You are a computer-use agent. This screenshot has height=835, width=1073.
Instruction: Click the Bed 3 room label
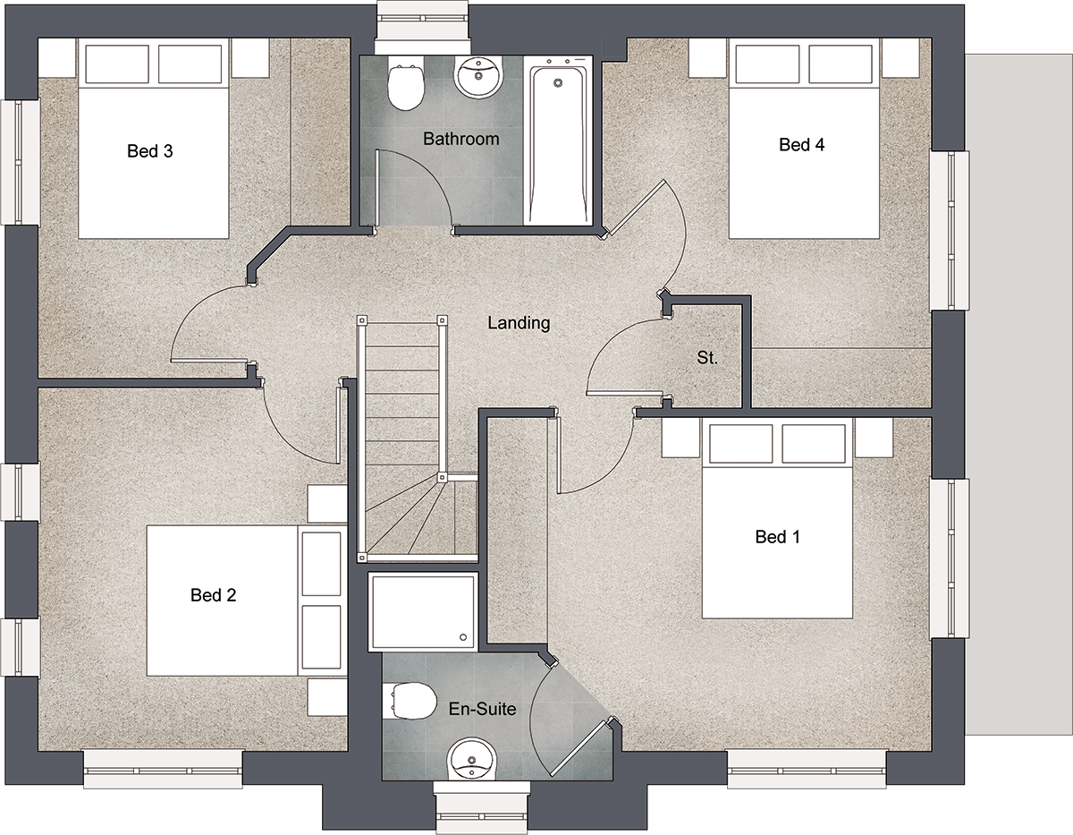pyautogui.click(x=149, y=151)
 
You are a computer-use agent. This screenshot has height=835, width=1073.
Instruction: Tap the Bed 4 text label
pyautogui.click(x=801, y=145)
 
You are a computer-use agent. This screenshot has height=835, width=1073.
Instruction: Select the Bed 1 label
pyautogui.click(x=778, y=537)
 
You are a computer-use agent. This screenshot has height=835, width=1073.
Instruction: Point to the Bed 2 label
pyautogui.click(x=214, y=595)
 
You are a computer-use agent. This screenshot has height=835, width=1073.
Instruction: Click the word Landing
pyautogui.click(x=519, y=323)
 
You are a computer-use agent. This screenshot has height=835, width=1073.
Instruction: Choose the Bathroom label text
pyautogui.click(x=461, y=139)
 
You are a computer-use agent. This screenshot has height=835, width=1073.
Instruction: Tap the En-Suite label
pyautogui.click(x=483, y=709)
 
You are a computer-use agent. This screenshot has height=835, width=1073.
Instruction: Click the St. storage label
pyautogui.click(x=706, y=357)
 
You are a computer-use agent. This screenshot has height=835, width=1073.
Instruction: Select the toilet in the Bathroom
pyautogui.click(x=406, y=83)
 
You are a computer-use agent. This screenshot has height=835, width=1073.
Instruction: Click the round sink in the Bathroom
pyautogui.click(x=477, y=78)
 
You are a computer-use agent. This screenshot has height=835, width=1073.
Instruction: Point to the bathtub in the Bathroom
pyautogui.click(x=558, y=141)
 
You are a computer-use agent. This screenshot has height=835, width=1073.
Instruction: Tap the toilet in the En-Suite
pyautogui.click(x=410, y=702)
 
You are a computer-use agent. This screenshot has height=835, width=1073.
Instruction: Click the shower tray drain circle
pyautogui.click(x=463, y=637)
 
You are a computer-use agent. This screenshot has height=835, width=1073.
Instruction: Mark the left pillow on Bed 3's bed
pyautogui.click(x=117, y=64)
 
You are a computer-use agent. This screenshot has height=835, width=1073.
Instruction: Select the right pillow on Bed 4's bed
pyautogui.click(x=841, y=64)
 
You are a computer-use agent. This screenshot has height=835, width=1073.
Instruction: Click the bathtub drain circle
pyautogui.click(x=558, y=83)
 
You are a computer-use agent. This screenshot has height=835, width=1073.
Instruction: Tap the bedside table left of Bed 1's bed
pyautogui.click(x=681, y=438)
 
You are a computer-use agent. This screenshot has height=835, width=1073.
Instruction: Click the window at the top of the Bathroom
pyautogui.click(x=422, y=27)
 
